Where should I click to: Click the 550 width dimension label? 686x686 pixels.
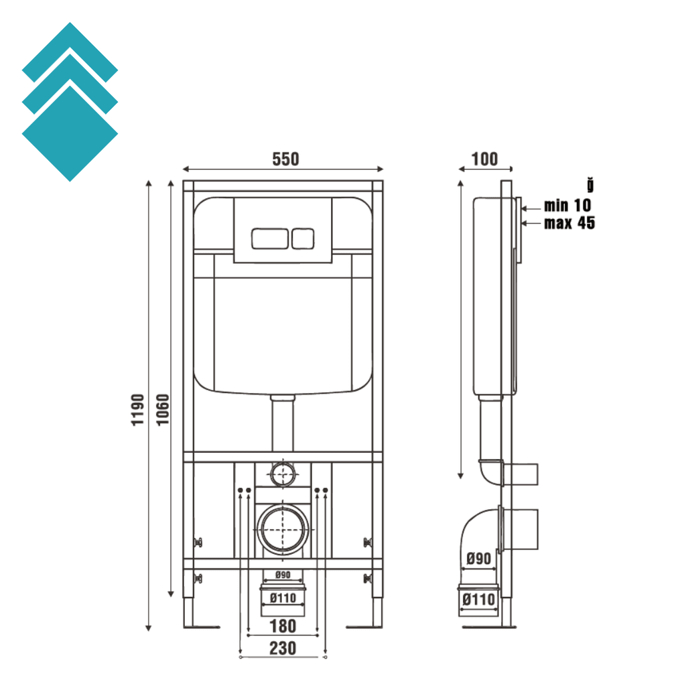coord(285,159)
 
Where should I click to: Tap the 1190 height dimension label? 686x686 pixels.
coord(137,409)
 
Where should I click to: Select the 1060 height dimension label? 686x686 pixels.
coord(161,409)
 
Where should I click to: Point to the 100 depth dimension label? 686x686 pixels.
coord(484,159)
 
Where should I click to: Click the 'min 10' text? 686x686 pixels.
coord(567,206)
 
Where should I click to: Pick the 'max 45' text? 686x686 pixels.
coord(569,223)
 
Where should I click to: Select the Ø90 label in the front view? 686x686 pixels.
coord(282,575)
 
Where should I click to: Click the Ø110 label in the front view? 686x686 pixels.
coord(282,598)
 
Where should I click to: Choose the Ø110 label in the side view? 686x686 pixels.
coord(478,600)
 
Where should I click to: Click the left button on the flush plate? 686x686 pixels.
coord(269,238)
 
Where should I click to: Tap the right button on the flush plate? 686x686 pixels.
coord(303,238)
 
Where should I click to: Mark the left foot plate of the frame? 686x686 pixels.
coord(200,627)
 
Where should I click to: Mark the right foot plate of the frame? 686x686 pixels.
coord(365,627)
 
